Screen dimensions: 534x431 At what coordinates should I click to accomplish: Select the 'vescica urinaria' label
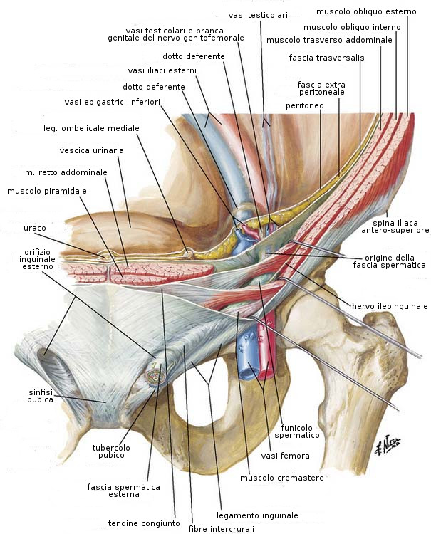pyautogui.click(x=91, y=150)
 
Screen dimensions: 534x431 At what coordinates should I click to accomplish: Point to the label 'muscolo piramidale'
pyautogui.click(x=47, y=191)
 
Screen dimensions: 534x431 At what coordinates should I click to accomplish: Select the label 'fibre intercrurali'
pyautogui.click(x=222, y=529)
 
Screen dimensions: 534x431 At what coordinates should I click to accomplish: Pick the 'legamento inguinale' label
pyautogui.click(x=256, y=515)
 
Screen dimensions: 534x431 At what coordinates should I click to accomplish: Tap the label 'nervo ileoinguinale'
pyautogui.click(x=390, y=306)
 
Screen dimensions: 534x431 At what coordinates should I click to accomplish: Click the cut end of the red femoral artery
pyautogui.click(x=268, y=371)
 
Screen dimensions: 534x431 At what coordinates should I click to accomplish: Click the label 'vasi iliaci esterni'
pyautogui.click(x=162, y=70)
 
